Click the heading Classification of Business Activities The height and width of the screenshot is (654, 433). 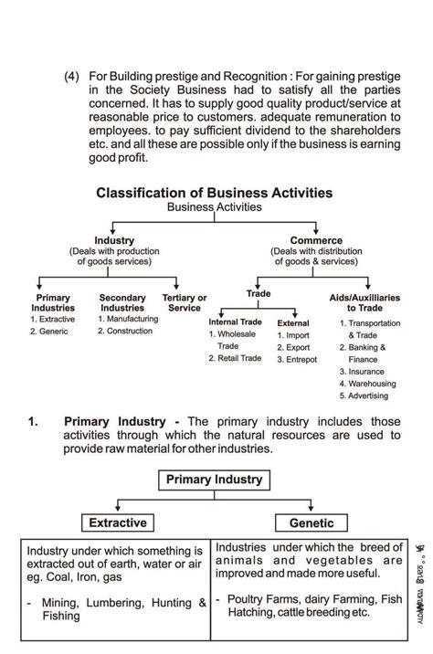(x=214, y=194)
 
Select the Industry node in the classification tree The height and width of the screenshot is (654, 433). (x=114, y=241)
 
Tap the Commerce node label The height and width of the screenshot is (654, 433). (x=316, y=241)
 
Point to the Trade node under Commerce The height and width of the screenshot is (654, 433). (x=259, y=293)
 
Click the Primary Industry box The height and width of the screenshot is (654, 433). (x=214, y=480)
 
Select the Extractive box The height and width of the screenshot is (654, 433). (x=117, y=523)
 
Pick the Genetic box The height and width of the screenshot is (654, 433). (x=312, y=523)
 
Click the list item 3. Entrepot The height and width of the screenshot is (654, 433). (x=297, y=360)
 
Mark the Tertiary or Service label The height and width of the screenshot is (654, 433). (x=184, y=303)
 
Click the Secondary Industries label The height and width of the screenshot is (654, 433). (x=122, y=303)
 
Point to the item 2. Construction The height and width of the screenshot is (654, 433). (x=128, y=331)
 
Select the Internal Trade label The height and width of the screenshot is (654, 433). (x=236, y=322)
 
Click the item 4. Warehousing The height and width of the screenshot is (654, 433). (x=367, y=384)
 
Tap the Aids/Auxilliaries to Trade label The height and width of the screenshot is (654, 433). (x=364, y=303)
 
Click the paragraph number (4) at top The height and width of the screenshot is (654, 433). (x=72, y=78)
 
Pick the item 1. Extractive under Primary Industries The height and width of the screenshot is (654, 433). (x=52, y=319)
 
